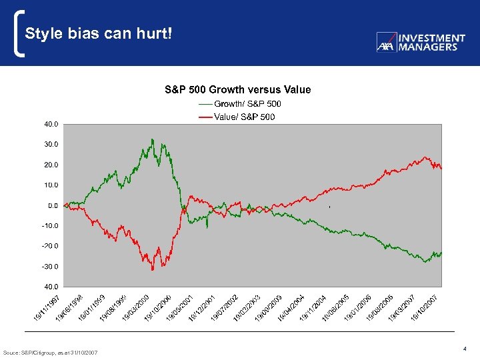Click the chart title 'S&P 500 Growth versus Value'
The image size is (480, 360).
click(x=238, y=89)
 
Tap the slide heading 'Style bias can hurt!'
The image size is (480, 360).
click(x=99, y=33)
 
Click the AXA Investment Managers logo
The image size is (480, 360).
click(x=421, y=43)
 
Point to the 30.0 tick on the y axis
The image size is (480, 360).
click(x=51, y=144)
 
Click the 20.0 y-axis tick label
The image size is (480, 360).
click(x=51, y=165)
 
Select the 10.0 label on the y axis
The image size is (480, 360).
click(x=51, y=185)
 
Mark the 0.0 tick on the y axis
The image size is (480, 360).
click(x=53, y=205)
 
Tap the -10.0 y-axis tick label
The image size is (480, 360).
click(x=50, y=225)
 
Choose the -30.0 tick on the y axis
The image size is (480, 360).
click(x=50, y=267)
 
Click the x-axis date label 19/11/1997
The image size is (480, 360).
click(x=48, y=307)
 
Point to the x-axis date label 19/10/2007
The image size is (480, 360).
click(x=425, y=307)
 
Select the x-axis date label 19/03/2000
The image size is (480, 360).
click(x=136, y=307)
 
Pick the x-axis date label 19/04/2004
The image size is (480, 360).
click(x=291, y=307)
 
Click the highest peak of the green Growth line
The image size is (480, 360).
click(x=152, y=139)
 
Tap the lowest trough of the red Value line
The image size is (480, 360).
click(x=152, y=269)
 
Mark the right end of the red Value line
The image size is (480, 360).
click(x=441, y=169)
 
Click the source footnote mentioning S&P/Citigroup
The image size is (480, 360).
click(x=51, y=352)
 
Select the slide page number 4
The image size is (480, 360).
click(x=463, y=348)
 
